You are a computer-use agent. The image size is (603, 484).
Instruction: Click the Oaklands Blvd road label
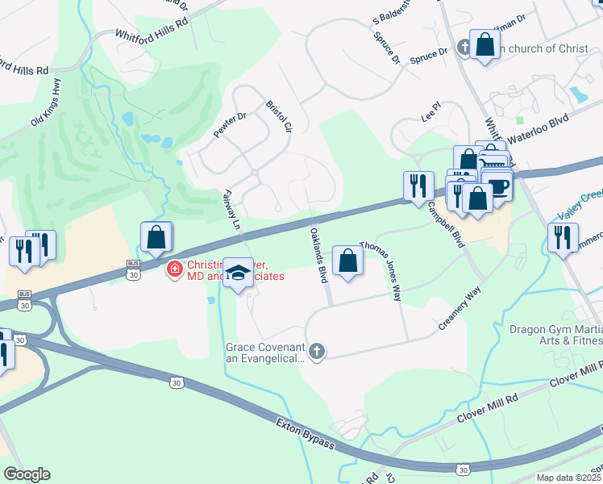(318, 254)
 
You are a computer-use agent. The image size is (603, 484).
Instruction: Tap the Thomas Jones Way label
(381, 269)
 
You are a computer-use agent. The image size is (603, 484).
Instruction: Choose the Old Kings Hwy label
(46, 110)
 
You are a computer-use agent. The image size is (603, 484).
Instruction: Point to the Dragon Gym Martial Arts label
(555, 335)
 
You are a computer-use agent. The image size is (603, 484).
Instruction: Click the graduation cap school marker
(238, 273)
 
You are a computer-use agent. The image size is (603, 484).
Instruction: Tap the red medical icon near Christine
(173, 269)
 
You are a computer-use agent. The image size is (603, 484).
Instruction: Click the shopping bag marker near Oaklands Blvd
(347, 261)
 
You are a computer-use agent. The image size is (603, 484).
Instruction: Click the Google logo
(27, 474)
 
